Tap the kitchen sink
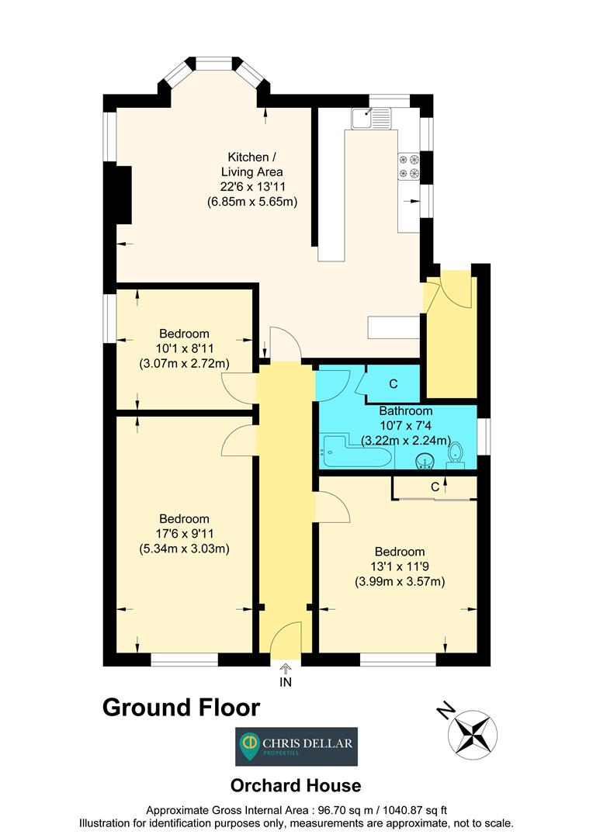372,118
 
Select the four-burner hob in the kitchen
409,166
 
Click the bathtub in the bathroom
357,452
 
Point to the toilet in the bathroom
456,453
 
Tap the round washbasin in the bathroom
425,462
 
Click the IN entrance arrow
286,669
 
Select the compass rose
473,735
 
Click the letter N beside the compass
446,710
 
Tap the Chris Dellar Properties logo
296,746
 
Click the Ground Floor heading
182,707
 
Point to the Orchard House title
296,785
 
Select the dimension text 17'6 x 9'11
184,533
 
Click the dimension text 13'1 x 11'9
400,566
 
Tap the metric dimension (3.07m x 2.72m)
184,363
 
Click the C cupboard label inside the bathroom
394,384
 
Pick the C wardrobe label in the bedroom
435,487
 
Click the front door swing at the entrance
286,636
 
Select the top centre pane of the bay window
214,64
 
